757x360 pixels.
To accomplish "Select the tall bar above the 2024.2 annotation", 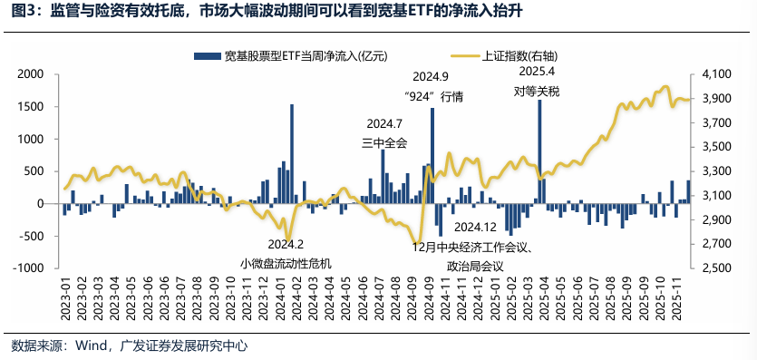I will coord(292,154).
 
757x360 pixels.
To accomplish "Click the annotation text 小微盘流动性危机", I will coord(286,263).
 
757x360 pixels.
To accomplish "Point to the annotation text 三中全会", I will coord(384,142).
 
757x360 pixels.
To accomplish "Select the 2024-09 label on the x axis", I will coord(423,298).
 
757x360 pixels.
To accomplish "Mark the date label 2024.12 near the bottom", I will coord(475,227).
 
